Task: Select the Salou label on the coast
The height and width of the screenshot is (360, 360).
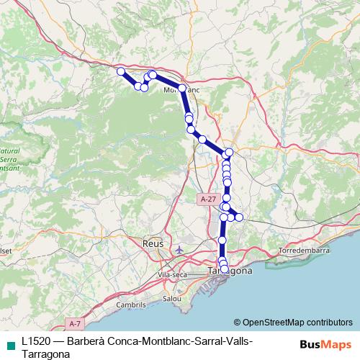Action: point(172,298)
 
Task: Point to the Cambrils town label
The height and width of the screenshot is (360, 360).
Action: point(131,305)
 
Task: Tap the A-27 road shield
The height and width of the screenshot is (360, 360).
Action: point(209,198)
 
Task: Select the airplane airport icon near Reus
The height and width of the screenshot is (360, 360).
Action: point(179,250)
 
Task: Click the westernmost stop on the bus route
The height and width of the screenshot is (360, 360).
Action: point(121,71)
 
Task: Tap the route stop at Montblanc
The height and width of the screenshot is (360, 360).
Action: point(182,89)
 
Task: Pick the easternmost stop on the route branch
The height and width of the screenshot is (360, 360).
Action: point(240,217)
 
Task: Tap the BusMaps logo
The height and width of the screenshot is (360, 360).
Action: point(325,344)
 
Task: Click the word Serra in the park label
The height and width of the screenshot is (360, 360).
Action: point(9,158)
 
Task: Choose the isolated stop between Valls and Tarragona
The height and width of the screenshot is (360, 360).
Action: point(222,240)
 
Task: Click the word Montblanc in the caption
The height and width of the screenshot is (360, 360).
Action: point(161,340)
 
